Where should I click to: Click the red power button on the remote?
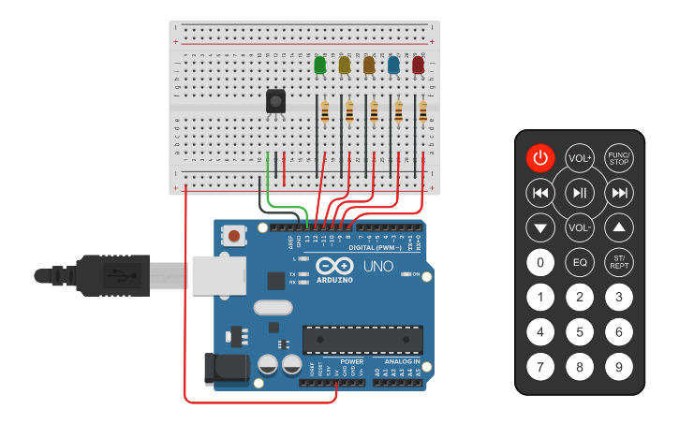pyautogui.click(x=539, y=158)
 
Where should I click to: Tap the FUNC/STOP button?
pyautogui.click(x=618, y=158)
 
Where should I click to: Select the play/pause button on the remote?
pyautogui.click(x=580, y=194)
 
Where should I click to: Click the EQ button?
pyautogui.click(x=580, y=262)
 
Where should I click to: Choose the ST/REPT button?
pyautogui.click(x=618, y=262)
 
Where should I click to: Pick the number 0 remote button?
pyautogui.click(x=539, y=262)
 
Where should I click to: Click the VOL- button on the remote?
pyautogui.click(x=580, y=227)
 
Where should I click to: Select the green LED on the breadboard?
pyautogui.click(x=320, y=66)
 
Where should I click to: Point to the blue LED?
pyautogui.click(x=393, y=66)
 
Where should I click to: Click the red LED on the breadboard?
pyautogui.click(x=418, y=66)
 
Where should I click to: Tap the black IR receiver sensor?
pyautogui.click(x=275, y=100)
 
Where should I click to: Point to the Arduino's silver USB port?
pyautogui.click(x=217, y=275)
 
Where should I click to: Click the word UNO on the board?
pyautogui.click(x=378, y=267)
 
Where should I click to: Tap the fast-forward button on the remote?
pyautogui.click(x=618, y=194)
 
